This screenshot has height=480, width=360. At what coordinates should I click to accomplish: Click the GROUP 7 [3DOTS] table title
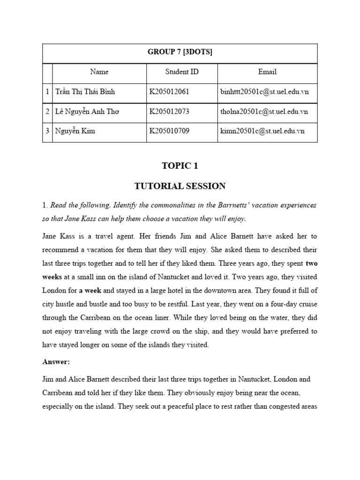click(x=180, y=52)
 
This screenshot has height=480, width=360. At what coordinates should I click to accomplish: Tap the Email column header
click(x=267, y=72)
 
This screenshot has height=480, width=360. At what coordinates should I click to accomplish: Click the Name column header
click(x=99, y=72)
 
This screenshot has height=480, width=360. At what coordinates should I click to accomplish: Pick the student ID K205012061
click(x=169, y=92)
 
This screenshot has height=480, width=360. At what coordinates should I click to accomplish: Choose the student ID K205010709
click(x=169, y=131)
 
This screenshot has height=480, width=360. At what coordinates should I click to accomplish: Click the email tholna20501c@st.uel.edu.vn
click(x=264, y=112)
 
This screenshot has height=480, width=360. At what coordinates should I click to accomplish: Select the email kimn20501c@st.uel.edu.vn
click(x=262, y=131)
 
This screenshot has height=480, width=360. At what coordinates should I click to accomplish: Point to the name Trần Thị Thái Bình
click(x=85, y=92)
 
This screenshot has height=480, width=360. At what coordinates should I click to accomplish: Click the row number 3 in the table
click(x=47, y=131)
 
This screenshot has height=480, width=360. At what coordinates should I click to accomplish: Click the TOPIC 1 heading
click(x=180, y=166)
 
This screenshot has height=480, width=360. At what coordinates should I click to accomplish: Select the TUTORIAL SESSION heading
click(x=180, y=186)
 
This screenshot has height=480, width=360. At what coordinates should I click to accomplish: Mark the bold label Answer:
click(x=56, y=362)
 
